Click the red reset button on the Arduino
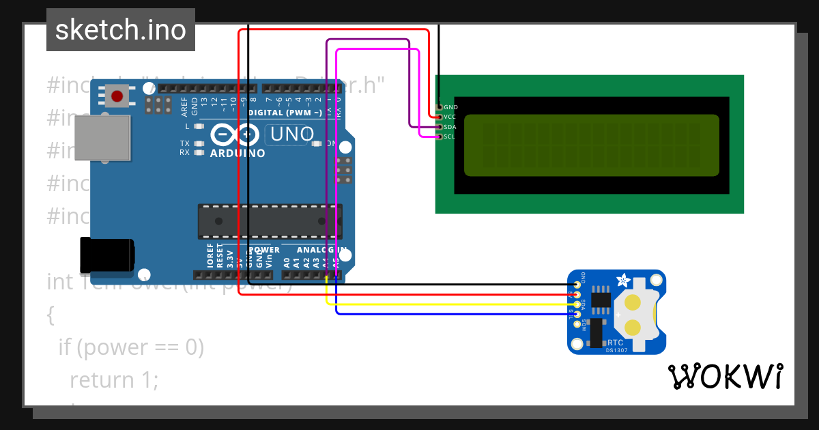[x=117, y=96]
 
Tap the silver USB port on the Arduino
[x=102, y=139]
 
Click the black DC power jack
[x=106, y=255]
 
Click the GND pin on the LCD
[x=438, y=107]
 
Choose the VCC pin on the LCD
[x=438, y=117]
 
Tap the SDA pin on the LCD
[x=438, y=127]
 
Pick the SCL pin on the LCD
[x=438, y=137]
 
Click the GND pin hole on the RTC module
[x=577, y=285]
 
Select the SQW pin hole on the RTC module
[x=577, y=324]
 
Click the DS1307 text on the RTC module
[x=616, y=351]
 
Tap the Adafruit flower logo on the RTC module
[x=623, y=280]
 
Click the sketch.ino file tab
[x=121, y=30]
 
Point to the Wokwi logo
[x=725, y=376]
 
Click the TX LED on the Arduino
[x=199, y=143]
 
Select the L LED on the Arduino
[x=199, y=126]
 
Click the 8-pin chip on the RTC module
[x=601, y=299]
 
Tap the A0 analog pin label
[x=287, y=261]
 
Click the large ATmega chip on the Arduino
[x=270, y=221]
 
